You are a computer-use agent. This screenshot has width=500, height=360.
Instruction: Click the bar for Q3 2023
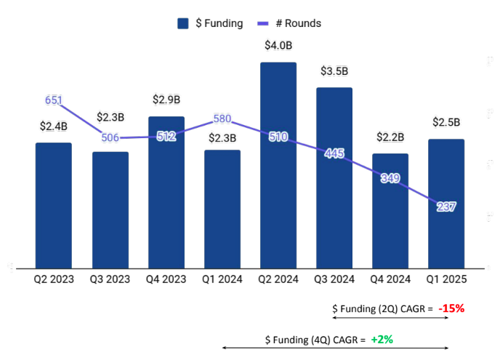click(110, 211)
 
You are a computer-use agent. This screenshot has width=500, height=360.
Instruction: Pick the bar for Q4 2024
click(390, 218)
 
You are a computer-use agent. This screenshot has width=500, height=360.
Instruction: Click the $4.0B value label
click(278, 46)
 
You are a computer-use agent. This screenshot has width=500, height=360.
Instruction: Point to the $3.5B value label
click(334, 71)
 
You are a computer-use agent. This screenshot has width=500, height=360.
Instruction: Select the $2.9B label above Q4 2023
click(166, 100)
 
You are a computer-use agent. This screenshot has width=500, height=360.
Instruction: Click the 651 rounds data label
click(54, 100)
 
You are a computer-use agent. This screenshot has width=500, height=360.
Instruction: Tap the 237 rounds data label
click(446, 207)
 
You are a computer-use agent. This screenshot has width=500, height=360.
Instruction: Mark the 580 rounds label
click(222, 119)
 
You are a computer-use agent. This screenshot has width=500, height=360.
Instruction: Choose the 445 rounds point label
click(334, 153)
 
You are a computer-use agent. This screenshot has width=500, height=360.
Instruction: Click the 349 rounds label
click(390, 178)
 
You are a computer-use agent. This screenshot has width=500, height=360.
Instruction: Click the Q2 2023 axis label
click(54, 279)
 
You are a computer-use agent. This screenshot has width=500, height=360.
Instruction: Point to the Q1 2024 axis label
click(222, 279)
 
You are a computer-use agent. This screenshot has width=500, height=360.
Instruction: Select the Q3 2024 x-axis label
click(334, 279)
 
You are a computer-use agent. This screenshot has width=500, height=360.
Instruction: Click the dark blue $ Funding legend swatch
click(183, 23)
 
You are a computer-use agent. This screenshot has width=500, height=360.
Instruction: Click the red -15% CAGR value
click(451, 308)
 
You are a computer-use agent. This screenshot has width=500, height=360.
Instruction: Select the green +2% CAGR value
click(382, 339)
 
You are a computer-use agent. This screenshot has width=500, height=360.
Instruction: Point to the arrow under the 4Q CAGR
click(334, 349)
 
